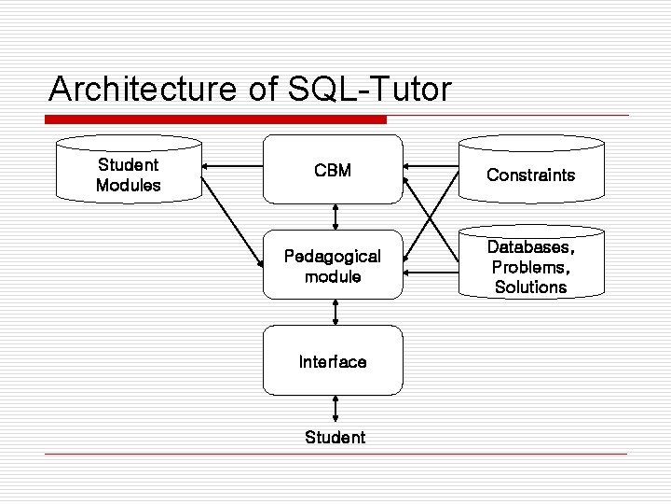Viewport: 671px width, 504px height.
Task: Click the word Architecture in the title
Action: click(141, 90)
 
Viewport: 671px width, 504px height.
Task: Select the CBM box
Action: click(333, 170)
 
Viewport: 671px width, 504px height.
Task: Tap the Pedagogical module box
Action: click(333, 266)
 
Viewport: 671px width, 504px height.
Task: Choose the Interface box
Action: click(333, 361)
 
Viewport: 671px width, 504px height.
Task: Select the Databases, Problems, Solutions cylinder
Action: click(530, 267)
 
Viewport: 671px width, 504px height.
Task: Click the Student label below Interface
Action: click(335, 438)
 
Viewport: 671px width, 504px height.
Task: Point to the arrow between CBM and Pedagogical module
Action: click(334, 217)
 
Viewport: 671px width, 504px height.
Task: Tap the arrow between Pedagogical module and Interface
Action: click(334, 312)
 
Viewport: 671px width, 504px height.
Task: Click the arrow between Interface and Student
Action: click(335, 409)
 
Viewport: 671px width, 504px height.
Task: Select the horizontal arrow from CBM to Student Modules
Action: click(232, 168)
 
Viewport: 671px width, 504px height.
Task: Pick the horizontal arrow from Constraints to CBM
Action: click(431, 166)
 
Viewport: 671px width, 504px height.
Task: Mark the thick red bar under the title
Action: click(215, 119)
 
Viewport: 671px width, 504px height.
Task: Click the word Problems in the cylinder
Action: click(530, 268)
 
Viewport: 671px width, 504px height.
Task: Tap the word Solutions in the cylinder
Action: click(530, 287)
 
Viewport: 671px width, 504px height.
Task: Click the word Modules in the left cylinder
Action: click(129, 185)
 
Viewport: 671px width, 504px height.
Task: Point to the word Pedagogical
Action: click(333, 256)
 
